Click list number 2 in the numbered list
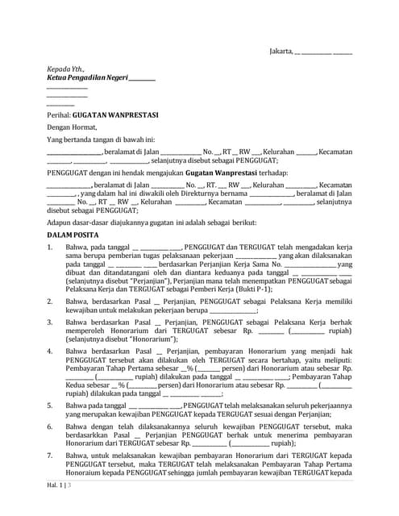coord(50,300)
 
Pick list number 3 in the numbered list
coord(50,321)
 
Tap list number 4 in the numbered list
coord(50,352)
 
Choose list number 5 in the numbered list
coord(50,405)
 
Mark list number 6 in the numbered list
coord(50,425)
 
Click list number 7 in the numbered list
coord(50,456)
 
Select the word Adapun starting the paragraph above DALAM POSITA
coord(60,220)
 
